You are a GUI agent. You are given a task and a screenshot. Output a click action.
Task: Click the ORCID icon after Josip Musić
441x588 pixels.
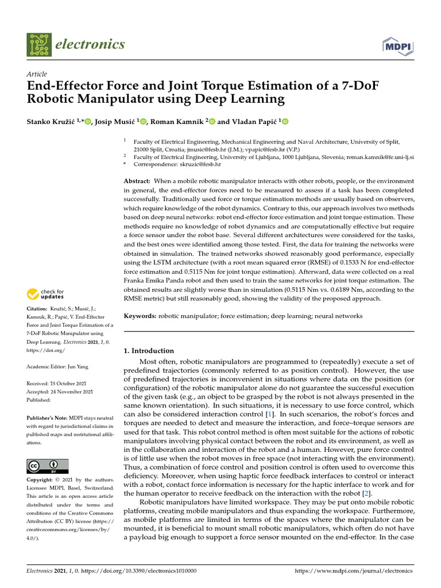[x=144, y=121]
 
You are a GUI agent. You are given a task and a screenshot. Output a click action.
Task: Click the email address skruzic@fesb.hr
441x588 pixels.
[x=188, y=164]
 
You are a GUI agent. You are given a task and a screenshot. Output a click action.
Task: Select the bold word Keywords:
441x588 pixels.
[x=140, y=316]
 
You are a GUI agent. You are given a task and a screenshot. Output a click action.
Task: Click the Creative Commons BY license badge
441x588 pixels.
[x=48, y=466]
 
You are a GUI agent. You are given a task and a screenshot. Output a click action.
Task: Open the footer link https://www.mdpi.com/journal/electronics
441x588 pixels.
[x=353, y=571]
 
